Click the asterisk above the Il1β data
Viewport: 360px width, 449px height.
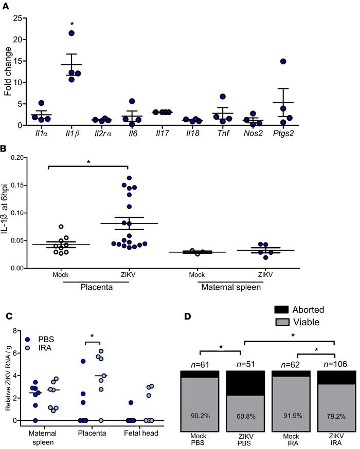(71, 24)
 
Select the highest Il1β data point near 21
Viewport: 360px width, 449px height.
(71, 33)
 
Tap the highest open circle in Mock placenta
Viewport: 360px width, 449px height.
(60, 227)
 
